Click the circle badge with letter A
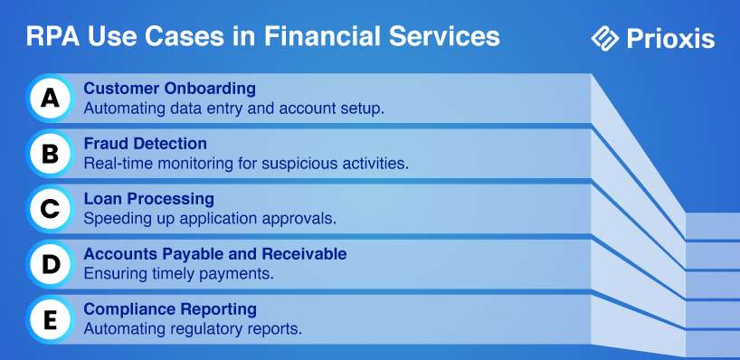(50, 99)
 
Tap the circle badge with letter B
(50, 154)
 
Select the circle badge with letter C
(50, 209)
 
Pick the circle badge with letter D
(50, 264)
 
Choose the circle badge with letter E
(50, 319)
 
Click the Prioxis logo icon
(605, 38)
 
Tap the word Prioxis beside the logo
(670, 39)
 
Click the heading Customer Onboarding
(170, 89)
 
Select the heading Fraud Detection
(146, 144)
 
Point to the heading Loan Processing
(149, 199)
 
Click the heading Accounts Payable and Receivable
(215, 254)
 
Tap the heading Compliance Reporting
(170, 309)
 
